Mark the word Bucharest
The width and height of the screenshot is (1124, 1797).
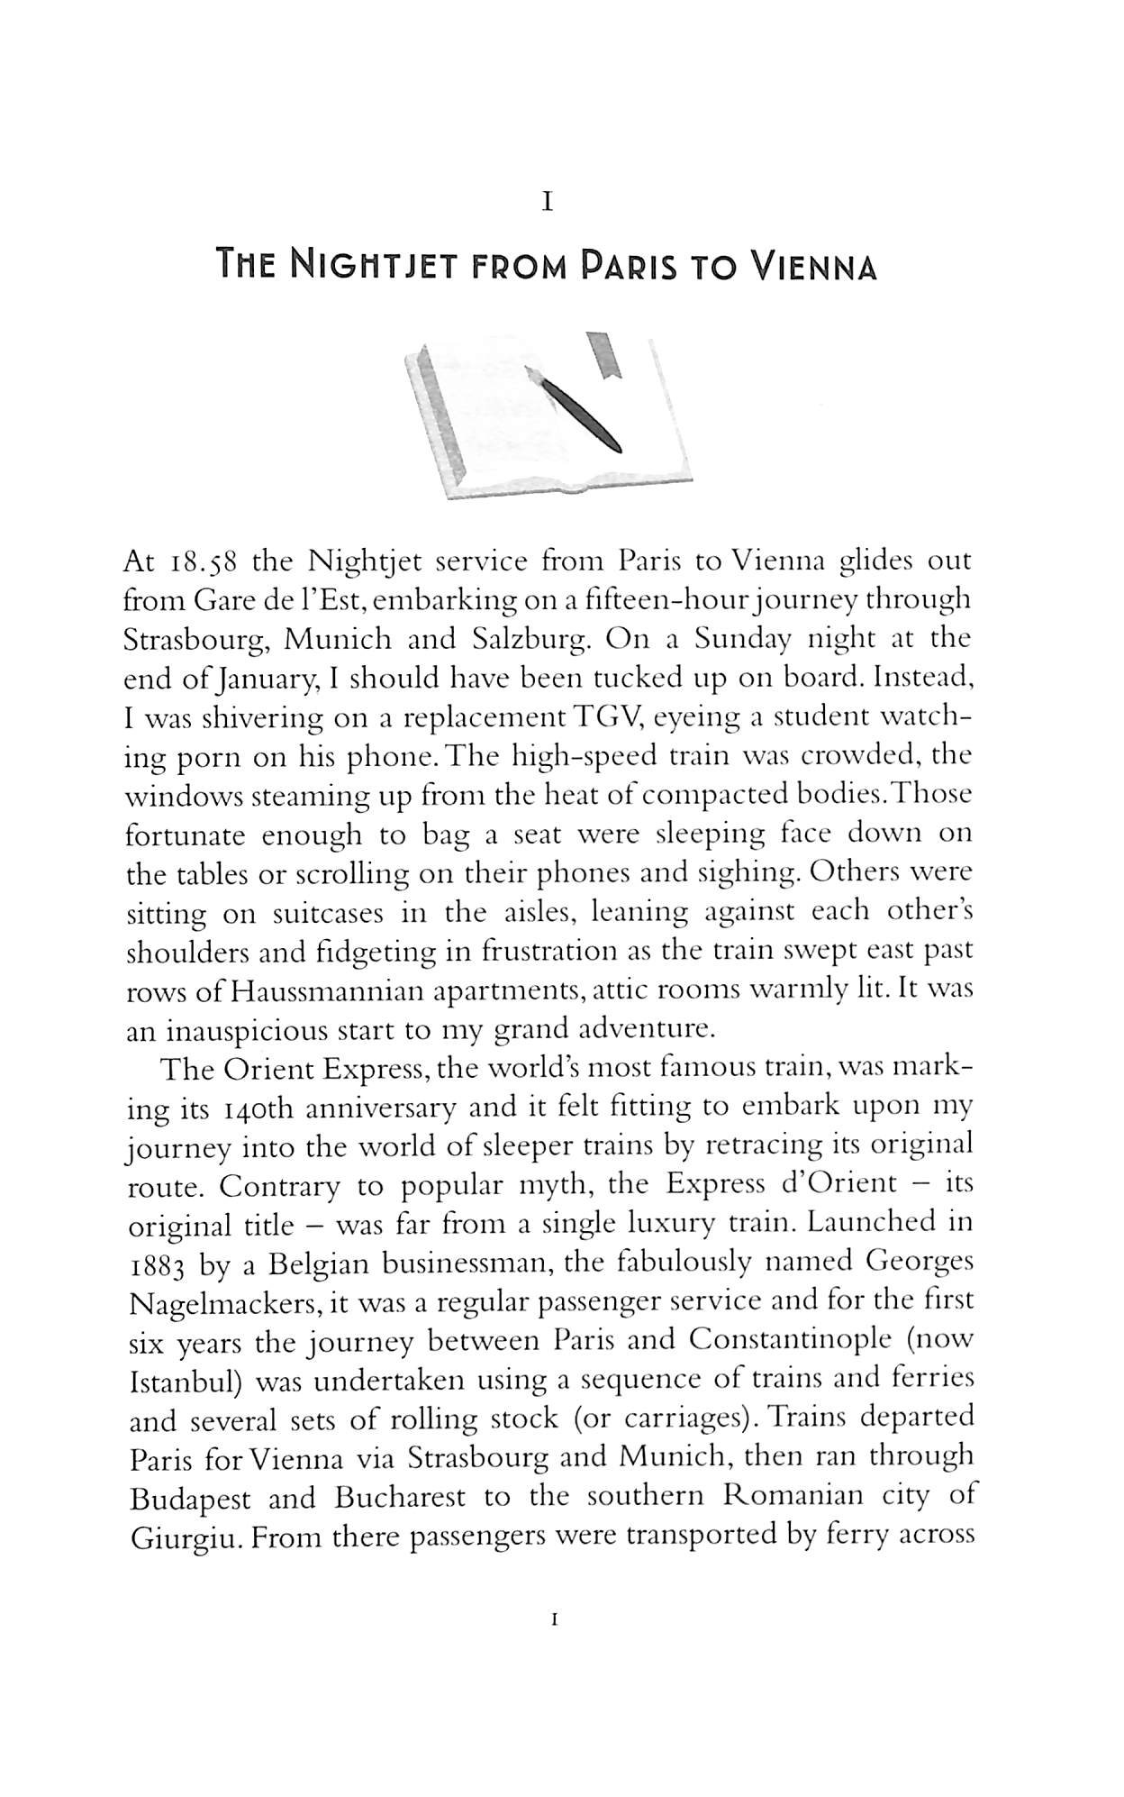pos(399,1498)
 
